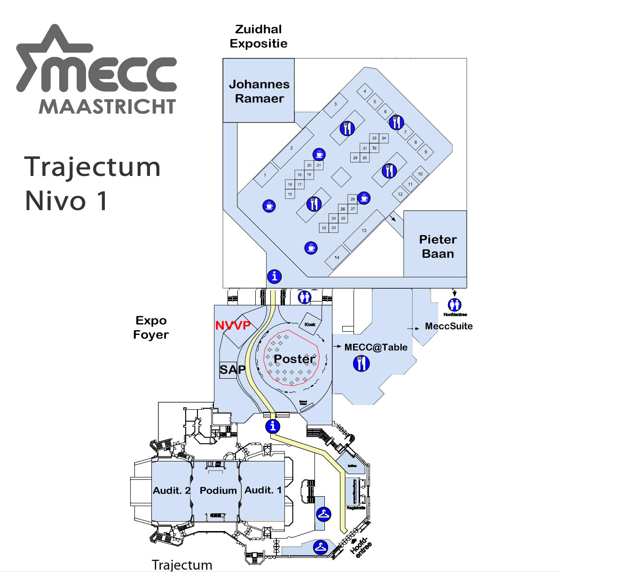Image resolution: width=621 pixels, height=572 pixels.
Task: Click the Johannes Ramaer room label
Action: point(259,91)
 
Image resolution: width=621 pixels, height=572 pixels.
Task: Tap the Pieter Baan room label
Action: point(438,246)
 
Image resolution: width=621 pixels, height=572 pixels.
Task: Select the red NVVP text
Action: point(233,326)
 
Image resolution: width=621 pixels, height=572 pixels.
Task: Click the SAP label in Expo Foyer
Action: point(232,370)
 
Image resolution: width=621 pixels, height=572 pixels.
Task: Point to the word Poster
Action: point(294,359)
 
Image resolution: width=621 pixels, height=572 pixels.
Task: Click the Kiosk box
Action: point(310,324)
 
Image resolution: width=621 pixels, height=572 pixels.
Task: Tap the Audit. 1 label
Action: point(263,490)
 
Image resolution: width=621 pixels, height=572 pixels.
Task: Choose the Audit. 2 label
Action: point(172,491)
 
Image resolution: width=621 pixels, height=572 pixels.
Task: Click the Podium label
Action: point(218,491)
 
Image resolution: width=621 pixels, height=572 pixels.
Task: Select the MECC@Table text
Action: point(376,348)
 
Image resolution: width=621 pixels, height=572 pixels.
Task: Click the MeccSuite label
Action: point(448,326)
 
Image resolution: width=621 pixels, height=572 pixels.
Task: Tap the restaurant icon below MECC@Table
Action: point(361,363)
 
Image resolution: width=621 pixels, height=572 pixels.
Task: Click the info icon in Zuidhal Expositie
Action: point(275,277)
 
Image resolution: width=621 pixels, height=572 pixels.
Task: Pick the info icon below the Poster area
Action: point(273,427)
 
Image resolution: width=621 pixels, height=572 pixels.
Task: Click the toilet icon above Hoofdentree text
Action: point(455,305)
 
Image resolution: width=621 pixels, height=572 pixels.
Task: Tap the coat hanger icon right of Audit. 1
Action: point(323,514)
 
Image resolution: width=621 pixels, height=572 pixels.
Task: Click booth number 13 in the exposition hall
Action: point(364,230)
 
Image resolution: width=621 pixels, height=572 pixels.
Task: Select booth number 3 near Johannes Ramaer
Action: point(336,104)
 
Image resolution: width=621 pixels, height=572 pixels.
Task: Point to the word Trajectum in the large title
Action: point(93,167)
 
